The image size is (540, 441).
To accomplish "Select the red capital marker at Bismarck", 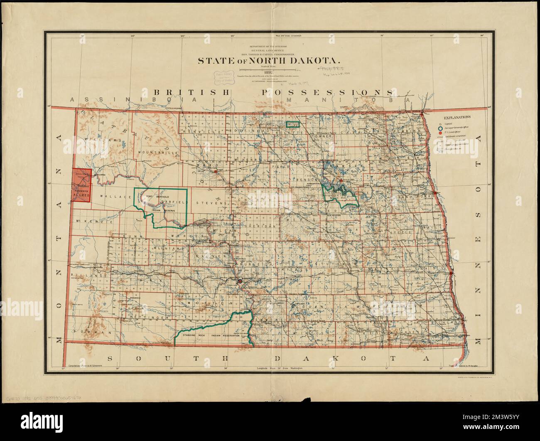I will pos(240,282).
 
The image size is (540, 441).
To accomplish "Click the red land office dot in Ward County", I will pos(216,170).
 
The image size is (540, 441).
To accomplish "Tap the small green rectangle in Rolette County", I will pos(293,124).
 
